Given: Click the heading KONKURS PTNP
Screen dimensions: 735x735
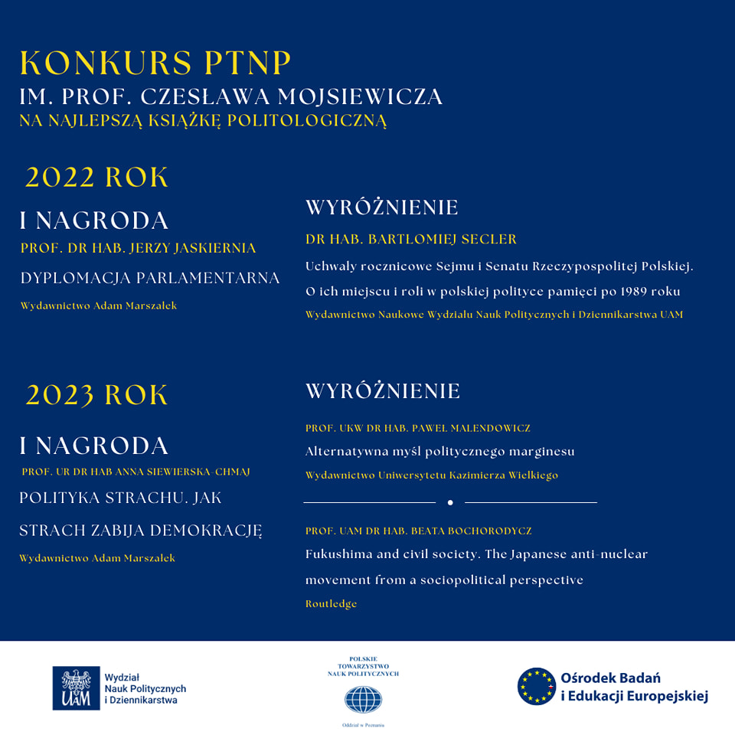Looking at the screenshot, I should [155, 64].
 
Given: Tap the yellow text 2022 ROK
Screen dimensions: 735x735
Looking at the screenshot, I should [97, 178].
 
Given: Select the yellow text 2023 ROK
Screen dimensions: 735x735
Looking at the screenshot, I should [97, 395].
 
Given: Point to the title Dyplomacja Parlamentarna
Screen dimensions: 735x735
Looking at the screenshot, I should [150, 278].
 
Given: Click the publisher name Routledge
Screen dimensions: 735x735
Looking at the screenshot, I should [331, 604].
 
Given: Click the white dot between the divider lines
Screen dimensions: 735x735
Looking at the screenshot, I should [450, 502].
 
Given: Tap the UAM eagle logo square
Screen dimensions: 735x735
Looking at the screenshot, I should [76, 688].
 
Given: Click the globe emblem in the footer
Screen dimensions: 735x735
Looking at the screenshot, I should [363, 699].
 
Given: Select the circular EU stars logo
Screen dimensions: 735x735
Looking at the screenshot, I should [536, 686].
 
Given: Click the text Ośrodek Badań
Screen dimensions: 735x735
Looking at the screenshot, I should [611, 678].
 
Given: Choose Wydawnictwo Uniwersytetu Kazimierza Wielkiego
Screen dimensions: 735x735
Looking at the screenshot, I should [432, 475].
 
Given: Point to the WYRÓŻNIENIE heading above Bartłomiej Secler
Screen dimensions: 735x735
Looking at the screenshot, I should [381, 207].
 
